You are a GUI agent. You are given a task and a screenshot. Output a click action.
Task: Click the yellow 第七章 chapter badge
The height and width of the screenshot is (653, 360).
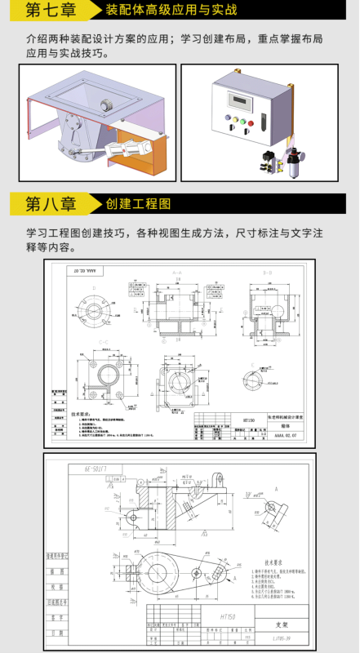tap(51, 11)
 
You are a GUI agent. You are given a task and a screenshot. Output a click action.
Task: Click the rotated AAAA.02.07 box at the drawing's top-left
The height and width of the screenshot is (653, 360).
tap(85, 269)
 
